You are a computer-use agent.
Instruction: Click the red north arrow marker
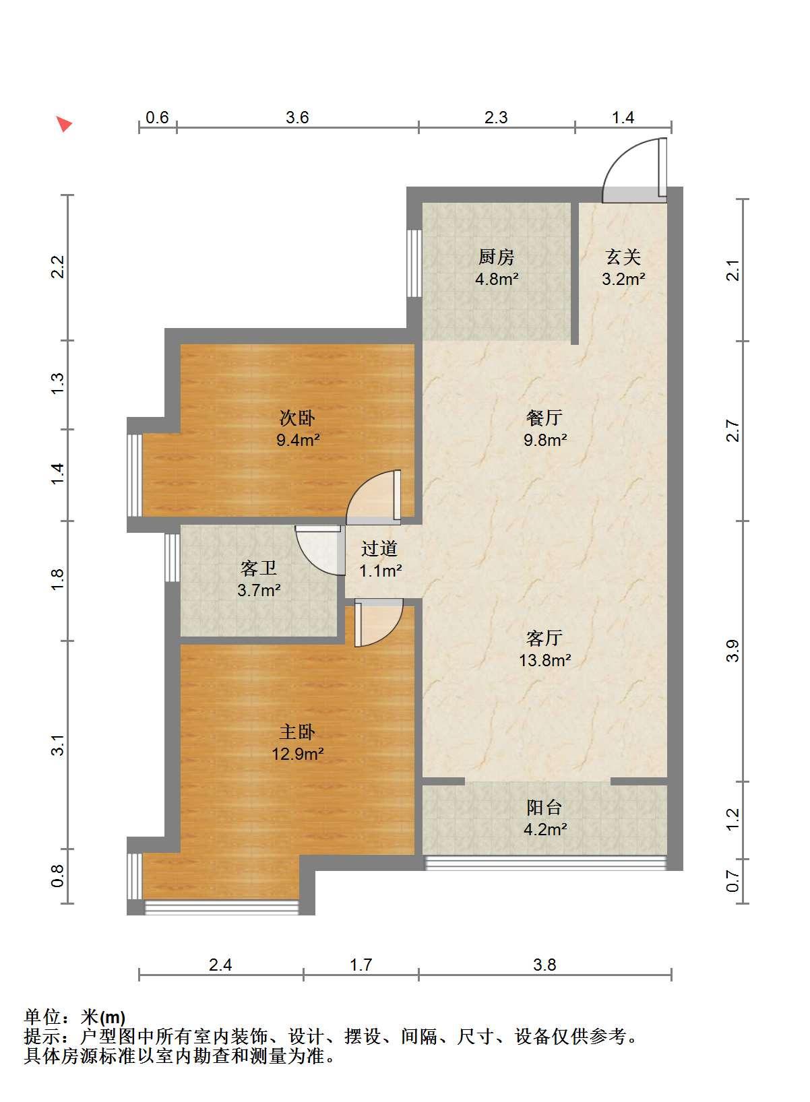click(63, 123)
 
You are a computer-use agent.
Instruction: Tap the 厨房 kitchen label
click(497, 257)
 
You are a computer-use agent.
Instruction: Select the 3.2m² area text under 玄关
click(623, 279)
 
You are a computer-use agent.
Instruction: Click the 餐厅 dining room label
click(544, 418)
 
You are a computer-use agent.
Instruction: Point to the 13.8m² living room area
click(544, 659)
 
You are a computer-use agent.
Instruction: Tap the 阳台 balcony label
click(544, 808)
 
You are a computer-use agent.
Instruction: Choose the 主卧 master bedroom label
click(297, 733)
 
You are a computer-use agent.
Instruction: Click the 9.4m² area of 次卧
click(298, 439)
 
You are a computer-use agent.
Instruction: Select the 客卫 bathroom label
click(259, 569)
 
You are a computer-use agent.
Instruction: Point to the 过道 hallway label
click(379, 548)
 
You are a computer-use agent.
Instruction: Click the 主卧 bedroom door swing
click(379, 623)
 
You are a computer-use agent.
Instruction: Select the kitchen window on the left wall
click(414, 263)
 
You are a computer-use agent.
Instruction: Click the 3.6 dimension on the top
click(297, 118)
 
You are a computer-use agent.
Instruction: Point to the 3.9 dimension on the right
click(733, 651)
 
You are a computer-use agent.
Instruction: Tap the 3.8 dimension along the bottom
click(544, 965)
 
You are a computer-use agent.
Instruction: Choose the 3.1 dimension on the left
click(58, 745)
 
